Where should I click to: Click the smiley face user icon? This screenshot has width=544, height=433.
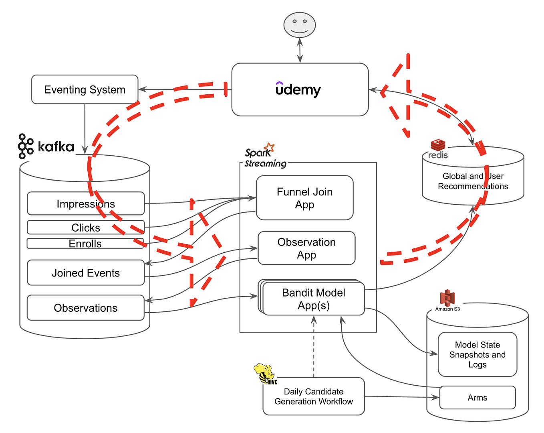point(299,25)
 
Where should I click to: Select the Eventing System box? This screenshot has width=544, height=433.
point(85,89)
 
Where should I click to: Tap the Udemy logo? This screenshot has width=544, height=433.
point(298,89)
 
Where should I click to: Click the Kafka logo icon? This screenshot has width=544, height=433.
point(26,146)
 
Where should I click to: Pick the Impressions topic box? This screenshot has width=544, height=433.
point(85,204)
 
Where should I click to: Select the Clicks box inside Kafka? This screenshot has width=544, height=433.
point(85,228)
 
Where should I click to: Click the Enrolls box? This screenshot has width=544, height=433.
point(85,244)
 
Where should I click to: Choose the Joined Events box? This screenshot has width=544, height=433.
point(85,273)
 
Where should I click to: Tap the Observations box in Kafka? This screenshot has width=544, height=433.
point(85,308)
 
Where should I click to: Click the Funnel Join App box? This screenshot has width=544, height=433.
point(304,198)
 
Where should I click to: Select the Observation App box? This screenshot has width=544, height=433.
point(306,248)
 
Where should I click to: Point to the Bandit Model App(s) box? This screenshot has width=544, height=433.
point(313,299)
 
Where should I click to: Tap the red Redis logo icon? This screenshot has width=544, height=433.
point(438,145)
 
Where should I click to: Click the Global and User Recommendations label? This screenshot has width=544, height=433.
point(473,181)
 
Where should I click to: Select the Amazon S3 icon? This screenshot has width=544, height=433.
point(447,298)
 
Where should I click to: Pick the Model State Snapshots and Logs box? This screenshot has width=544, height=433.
point(477,354)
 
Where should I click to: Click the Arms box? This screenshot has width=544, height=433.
point(477,397)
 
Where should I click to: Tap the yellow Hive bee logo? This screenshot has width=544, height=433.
point(264,373)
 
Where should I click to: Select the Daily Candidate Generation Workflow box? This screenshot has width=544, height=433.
point(313,396)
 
